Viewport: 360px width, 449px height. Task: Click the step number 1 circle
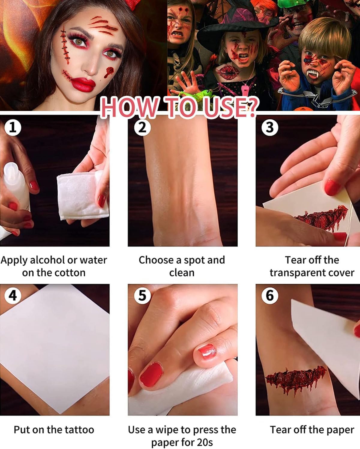[x=13, y=127]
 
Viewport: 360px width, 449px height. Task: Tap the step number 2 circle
[x=142, y=127]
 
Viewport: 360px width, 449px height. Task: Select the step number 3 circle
[x=270, y=127]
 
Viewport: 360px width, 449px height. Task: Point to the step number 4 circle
[x=13, y=296]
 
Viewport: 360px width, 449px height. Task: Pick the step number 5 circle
[x=142, y=296]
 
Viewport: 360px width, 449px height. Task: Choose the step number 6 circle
[x=270, y=296]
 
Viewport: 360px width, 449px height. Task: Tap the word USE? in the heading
[x=231, y=107]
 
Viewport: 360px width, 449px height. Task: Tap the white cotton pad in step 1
[x=82, y=195]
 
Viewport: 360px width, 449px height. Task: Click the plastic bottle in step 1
[x=16, y=186]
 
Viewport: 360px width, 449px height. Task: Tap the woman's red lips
[x=83, y=84]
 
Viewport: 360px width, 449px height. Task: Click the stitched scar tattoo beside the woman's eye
[x=65, y=46]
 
